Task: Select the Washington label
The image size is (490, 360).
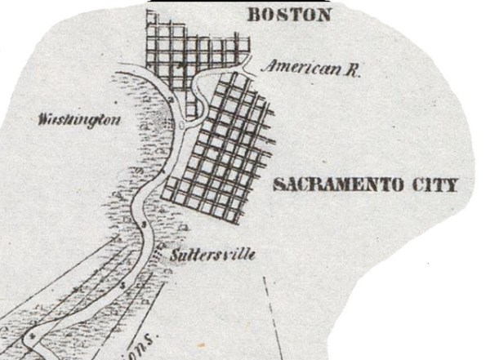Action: click(80, 120)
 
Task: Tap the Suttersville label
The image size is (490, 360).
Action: click(213, 256)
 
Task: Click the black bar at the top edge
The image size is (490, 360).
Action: click(237, 2)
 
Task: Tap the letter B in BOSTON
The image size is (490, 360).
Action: click(252, 15)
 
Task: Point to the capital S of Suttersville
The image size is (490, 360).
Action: click(176, 256)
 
